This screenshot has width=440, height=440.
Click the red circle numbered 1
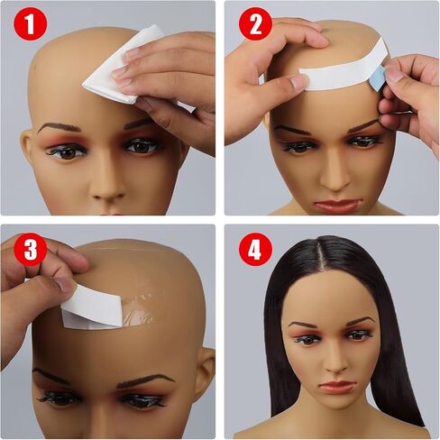(x=31, y=23)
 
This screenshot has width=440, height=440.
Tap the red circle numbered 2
(x=255, y=23)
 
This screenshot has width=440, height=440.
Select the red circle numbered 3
(x=31, y=249)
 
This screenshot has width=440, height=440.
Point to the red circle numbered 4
(x=255, y=249)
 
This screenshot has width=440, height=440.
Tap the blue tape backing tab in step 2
(x=378, y=78)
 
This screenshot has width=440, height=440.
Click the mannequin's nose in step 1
(x=106, y=188)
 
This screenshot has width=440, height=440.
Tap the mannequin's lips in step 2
(x=337, y=206)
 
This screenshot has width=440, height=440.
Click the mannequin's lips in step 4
(x=336, y=387)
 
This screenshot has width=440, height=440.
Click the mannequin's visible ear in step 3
(x=204, y=371)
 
